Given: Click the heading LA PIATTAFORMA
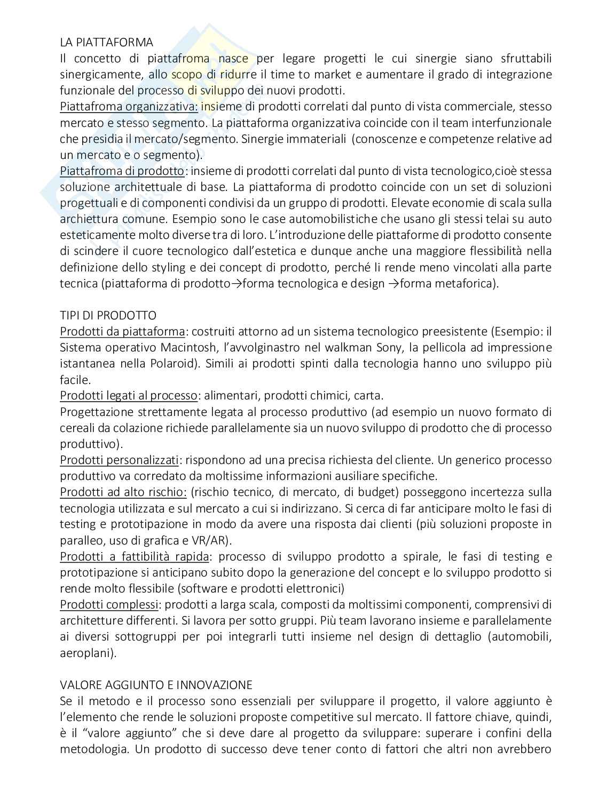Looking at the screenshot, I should click(x=106, y=42).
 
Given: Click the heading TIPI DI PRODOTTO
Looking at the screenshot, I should click(x=108, y=315).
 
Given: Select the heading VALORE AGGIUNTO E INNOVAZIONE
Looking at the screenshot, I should click(x=156, y=684).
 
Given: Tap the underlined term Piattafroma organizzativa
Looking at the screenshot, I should click(x=129, y=107).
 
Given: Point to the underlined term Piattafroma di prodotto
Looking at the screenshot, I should click(x=122, y=171).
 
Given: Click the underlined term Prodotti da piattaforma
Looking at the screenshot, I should click(x=122, y=332).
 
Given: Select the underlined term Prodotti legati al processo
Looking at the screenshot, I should click(x=129, y=396).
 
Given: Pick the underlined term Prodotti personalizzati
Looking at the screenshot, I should click(x=119, y=460).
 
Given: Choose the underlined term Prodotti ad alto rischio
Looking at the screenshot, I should click(x=123, y=492).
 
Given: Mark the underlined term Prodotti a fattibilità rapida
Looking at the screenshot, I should click(x=134, y=556).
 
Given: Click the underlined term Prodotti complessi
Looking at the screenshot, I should click(x=109, y=604).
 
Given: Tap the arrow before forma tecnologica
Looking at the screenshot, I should click(x=236, y=284).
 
